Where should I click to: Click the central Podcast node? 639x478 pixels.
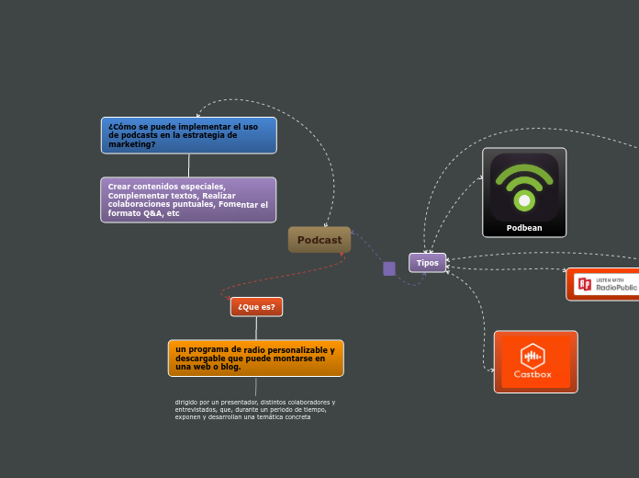pyautogui.click(x=319, y=240)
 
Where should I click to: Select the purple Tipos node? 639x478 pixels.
pyautogui.click(x=427, y=263)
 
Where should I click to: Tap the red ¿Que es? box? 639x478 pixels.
pyautogui.click(x=256, y=307)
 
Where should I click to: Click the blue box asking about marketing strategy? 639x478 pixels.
pyautogui.click(x=188, y=135)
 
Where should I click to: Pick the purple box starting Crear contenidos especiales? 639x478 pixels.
pyautogui.click(x=188, y=199)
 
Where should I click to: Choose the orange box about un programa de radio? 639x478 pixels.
pyautogui.click(x=255, y=358)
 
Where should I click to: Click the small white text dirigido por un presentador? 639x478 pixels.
pyautogui.click(x=254, y=409)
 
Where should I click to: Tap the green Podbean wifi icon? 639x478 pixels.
pyautogui.click(x=524, y=187)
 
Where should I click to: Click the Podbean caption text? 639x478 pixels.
pyautogui.click(x=524, y=228)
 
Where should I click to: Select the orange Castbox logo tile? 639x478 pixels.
pyautogui.click(x=535, y=361)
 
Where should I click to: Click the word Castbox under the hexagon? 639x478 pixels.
pyautogui.click(x=532, y=374)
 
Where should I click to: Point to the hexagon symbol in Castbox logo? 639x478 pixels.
pyautogui.click(x=532, y=355)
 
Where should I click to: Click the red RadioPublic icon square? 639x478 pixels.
pyautogui.click(x=584, y=284)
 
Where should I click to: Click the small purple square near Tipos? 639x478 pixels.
pyautogui.click(x=389, y=268)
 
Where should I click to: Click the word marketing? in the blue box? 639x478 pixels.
pyautogui.click(x=132, y=144)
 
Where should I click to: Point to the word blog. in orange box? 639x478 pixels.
pyautogui.click(x=230, y=367)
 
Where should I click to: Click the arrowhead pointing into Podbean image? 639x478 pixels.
pyautogui.click(x=480, y=177)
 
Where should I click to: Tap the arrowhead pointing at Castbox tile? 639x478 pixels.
pyautogui.click(x=491, y=370)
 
